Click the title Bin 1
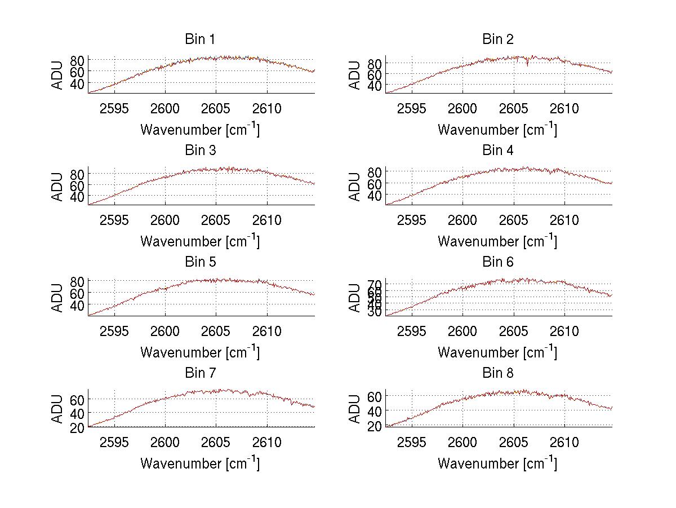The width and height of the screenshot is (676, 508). click(x=200, y=39)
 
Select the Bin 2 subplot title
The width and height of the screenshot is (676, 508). click(x=498, y=39)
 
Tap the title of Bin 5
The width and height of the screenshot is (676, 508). click(x=200, y=262)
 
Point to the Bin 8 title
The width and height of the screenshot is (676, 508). click(x=498, y=373)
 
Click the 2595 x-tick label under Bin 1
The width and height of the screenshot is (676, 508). click(x=114, y=108)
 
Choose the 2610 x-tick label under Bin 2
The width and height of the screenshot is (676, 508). click(x=565, y=108)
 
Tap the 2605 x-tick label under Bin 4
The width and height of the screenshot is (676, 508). click(x=514, y=219)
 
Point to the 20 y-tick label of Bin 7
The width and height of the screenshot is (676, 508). click(x=77, y=427)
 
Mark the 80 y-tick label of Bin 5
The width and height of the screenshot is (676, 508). click(x=77, y=281)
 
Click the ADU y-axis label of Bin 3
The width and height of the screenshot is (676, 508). click(x=57, y=187)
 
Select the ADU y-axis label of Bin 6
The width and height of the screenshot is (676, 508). click(x=355, y=298)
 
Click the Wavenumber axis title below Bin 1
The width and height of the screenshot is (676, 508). click(x=200, y=129)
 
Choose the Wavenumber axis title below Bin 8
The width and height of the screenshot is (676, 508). click(x=498, y=463)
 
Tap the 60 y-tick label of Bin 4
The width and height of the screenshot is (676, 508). click(x=375, y=183)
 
